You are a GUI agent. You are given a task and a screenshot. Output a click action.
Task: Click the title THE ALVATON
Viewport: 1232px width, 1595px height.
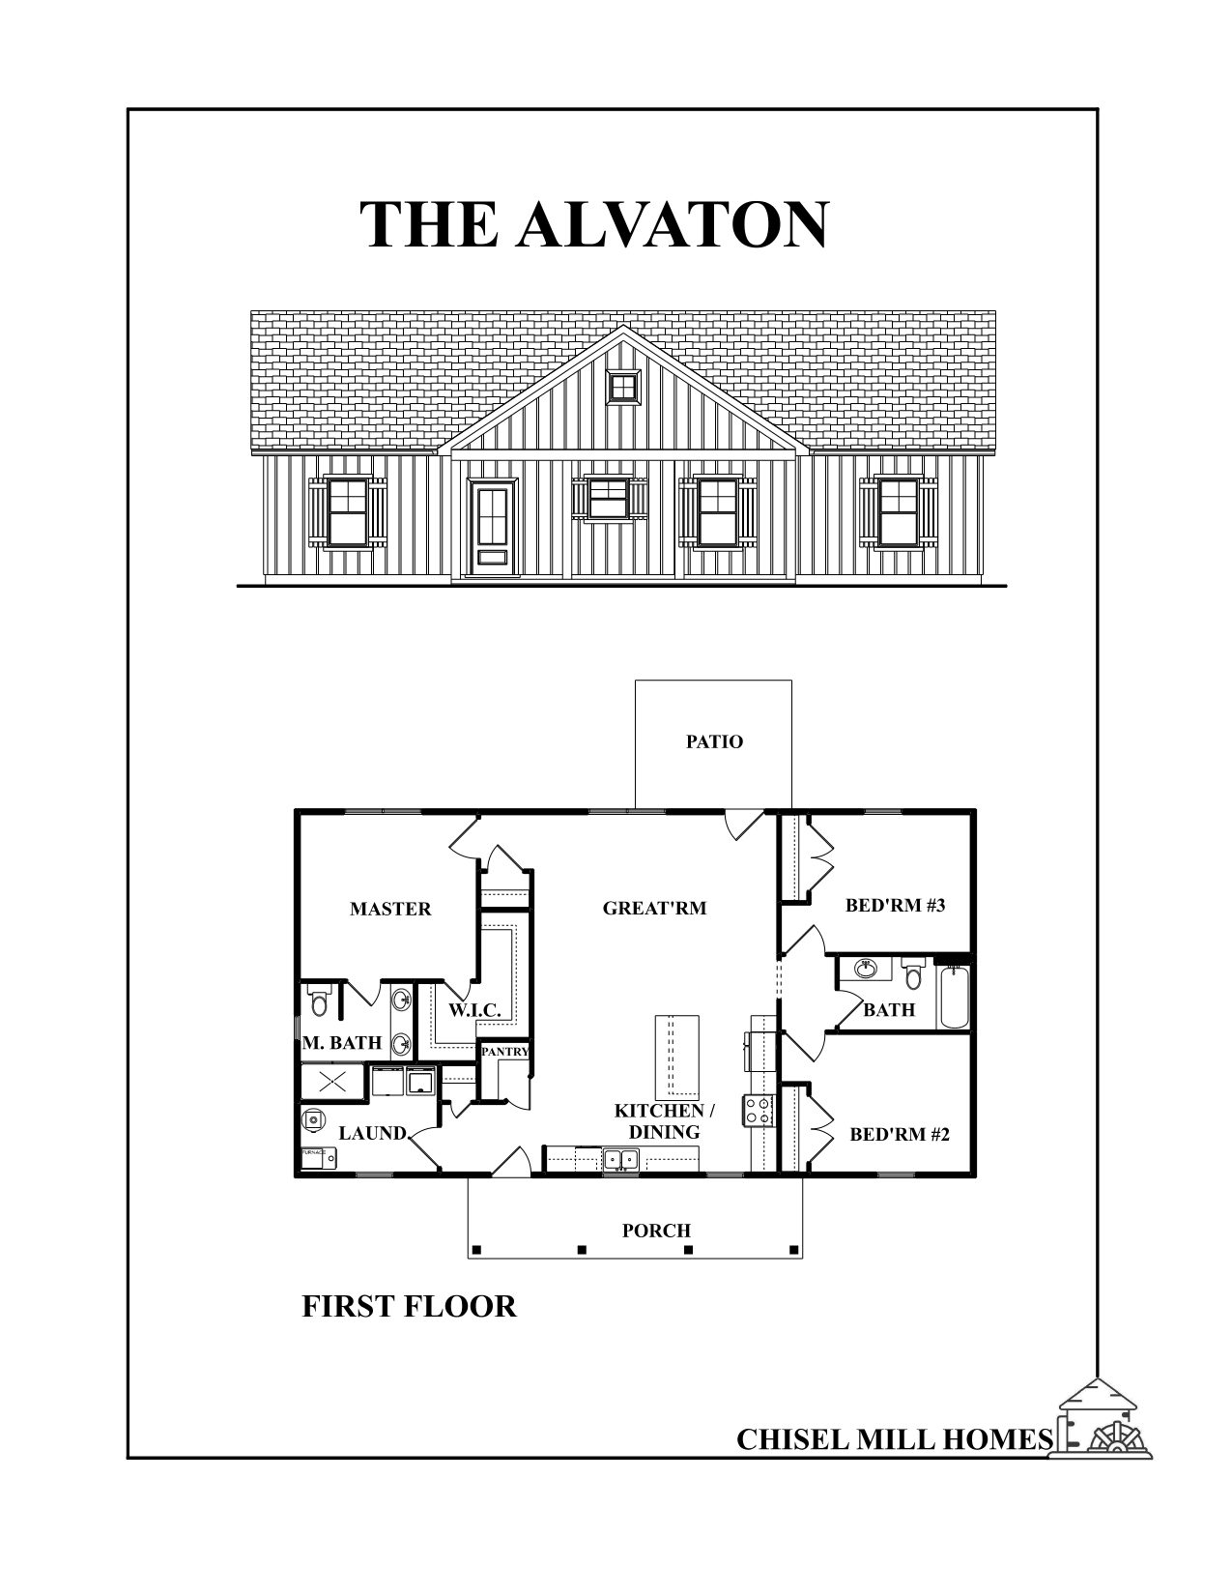(x=593, y=225)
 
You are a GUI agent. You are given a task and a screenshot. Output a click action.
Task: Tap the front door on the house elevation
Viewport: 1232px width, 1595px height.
(x=492, y=526)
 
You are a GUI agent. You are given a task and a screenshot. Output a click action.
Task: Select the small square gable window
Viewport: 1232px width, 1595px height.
(x=624, y=387)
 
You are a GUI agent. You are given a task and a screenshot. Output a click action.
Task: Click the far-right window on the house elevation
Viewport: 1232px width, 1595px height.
(x=898, y=510)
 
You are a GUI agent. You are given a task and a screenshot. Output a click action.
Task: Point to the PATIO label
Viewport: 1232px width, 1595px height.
(x=715, y=742)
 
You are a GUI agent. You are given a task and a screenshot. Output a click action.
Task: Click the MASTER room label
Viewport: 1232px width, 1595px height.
(x=390, y=909)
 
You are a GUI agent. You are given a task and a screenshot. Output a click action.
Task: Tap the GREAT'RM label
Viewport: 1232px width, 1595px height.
(x=654, y=908)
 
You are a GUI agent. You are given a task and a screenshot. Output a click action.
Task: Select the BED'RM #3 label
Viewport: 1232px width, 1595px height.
(x=895, y=906)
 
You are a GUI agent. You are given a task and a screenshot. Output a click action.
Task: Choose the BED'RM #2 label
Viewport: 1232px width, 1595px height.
(x=900, y=1134)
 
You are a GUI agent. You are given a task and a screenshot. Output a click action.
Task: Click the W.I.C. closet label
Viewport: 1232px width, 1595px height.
(x=473, y=1010)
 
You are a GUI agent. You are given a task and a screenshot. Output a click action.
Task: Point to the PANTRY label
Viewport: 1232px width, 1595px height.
(x=504, y=1051)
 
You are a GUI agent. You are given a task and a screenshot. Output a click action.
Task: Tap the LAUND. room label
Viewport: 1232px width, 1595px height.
(x=373, y=1133)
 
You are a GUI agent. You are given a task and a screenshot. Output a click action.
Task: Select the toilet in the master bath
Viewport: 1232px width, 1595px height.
(x=319, y=1002)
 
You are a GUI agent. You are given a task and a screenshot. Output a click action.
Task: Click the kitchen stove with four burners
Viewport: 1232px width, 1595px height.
(x=757, y=1109)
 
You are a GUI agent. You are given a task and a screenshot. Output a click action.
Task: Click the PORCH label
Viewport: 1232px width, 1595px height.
(x=656, y=1231)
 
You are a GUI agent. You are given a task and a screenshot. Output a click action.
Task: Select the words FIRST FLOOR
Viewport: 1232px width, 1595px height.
(x=409, y=1307)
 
